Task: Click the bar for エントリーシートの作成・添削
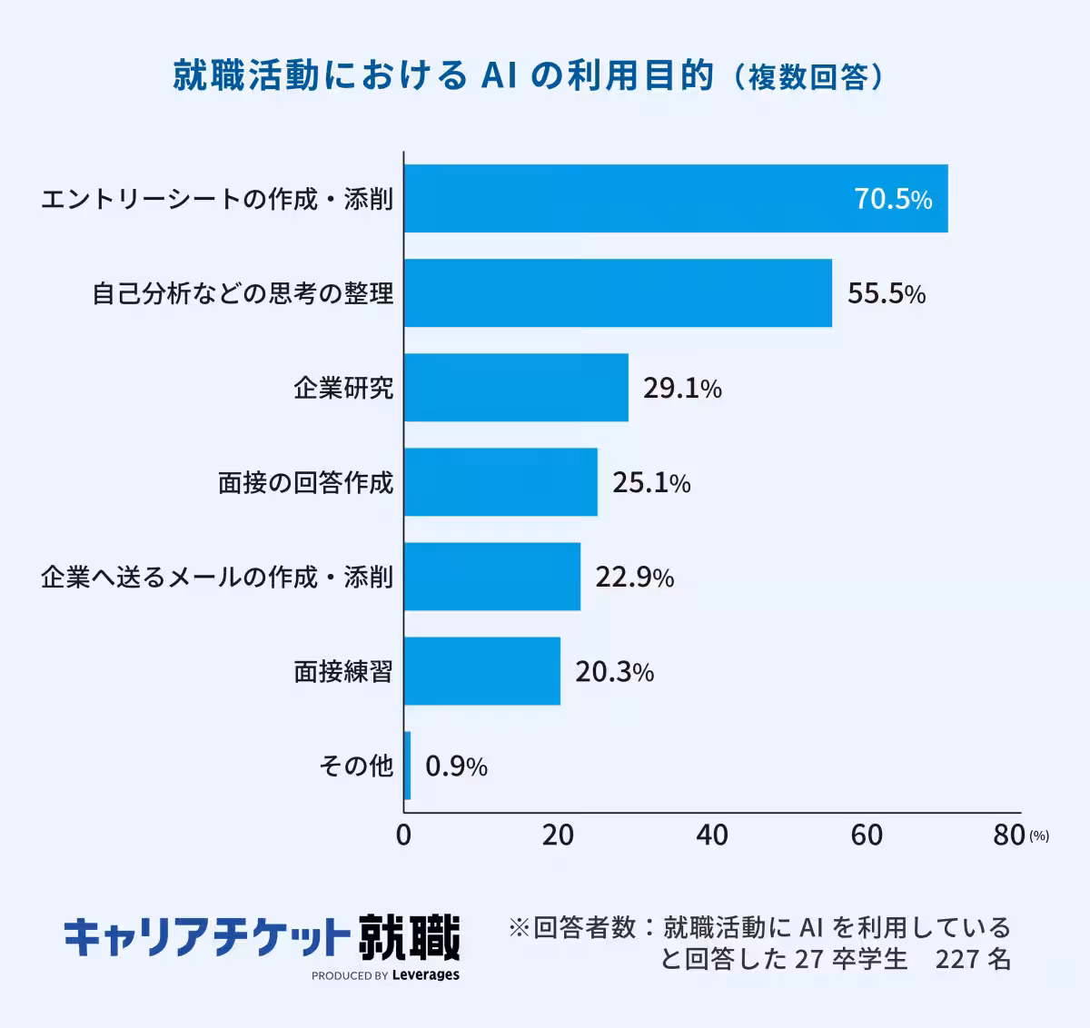(676, 199)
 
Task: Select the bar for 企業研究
(516, 388)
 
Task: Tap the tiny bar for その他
(408, 766)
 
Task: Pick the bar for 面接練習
(482, 671)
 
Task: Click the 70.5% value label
(893, 199)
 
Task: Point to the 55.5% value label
(887, 293)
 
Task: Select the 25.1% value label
(651, 482)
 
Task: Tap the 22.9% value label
(634, 577)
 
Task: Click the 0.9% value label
(456, 766)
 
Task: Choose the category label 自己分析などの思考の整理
(243, 293)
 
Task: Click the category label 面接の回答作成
(306, 482)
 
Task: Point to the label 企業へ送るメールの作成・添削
(217, 577)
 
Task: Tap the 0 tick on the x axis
(404, 835)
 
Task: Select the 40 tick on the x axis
(712, 835)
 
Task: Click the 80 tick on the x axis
(1008, 835)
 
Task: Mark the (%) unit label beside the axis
(1039, 836)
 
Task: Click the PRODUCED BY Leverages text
(385, 975)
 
